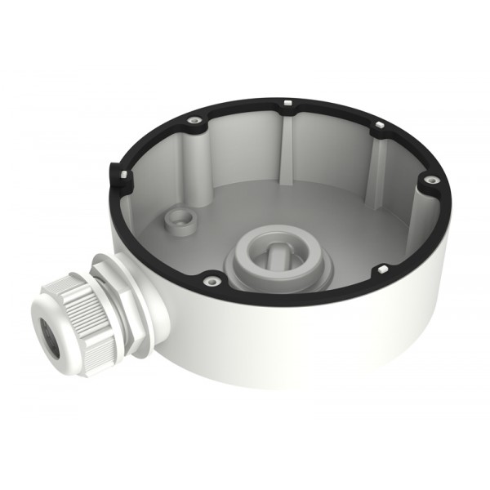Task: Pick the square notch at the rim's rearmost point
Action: point(289,105)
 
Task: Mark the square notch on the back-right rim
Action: point(379,125)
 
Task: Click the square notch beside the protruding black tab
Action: point(120,174)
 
